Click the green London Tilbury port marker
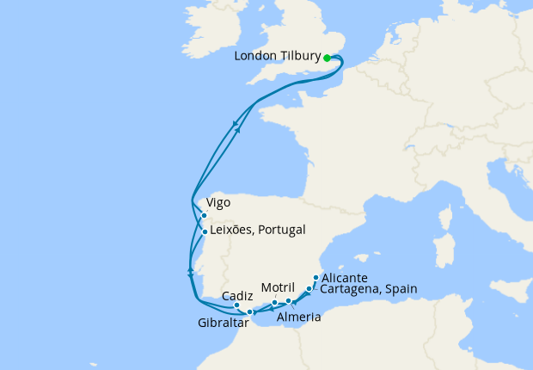pos(328,59)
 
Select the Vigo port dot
pos(204,216)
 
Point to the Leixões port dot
pos(204,231)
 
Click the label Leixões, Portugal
pos(257,231)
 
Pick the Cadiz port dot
pos(236,305)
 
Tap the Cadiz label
pos(237,295)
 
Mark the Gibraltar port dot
pos(249,312)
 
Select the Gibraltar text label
pos(222,324)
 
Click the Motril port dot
pos(274,303)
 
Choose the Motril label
pos(278,287)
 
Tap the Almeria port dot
pos(289,301)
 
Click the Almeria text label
pos(300,318)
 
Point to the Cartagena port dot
pos(309,288)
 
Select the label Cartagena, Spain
pos(368,289)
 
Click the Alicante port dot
pos(316,277)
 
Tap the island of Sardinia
pos(444,253)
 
